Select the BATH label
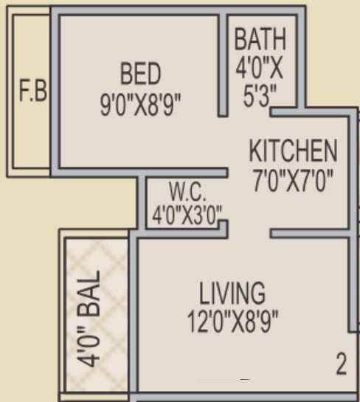click(260, 39)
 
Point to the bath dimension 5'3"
click(260, 96)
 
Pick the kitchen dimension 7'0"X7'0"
click(293, 181)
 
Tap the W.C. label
click(187, 193)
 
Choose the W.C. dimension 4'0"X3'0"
click(187, 217)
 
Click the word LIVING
click(232, 293)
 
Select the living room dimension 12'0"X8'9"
click(232, 322)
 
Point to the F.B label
click(32, 93)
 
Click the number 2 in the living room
click(341, 364)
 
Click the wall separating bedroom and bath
click(223, 63)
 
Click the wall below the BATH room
click(288, 112)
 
